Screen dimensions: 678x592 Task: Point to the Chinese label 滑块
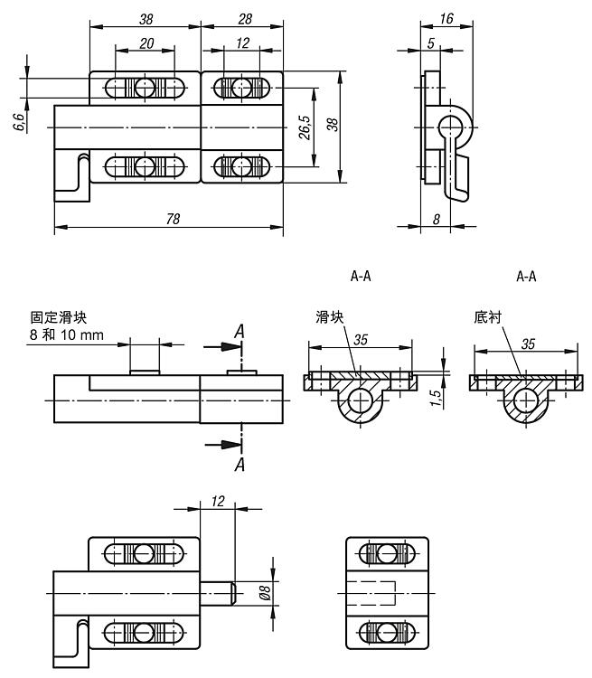[x=328, y=317]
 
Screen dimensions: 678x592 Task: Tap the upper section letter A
[x=240, y=333]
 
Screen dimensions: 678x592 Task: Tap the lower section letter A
[x=240, y=464]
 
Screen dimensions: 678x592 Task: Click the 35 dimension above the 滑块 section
[x=361, y=341]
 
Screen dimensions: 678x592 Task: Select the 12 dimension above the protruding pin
[x=216, y=501]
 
